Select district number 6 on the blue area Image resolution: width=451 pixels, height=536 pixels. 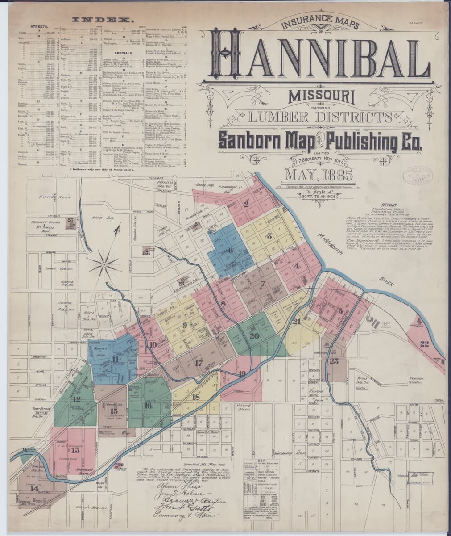click(x=231, y=251)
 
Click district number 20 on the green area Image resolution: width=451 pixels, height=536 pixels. click(x=255, y=336)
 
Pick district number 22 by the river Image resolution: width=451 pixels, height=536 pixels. click(x=424, y=343)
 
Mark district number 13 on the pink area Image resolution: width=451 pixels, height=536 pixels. click(x=75, y=450)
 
